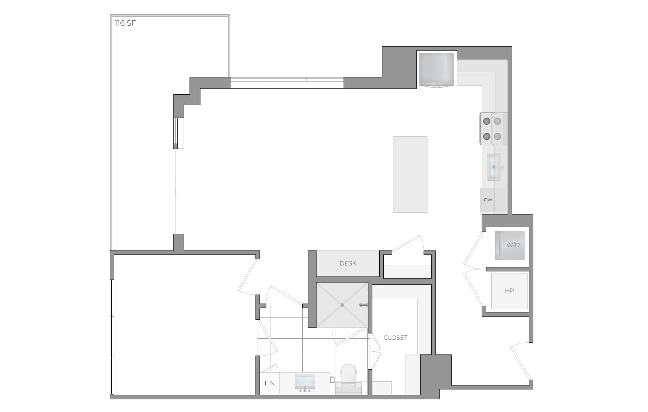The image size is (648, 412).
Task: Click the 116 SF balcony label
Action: [125, 23]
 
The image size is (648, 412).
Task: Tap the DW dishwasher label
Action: [488, 200]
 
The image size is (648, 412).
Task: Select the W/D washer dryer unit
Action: [510, 246]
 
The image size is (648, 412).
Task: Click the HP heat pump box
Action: [509, 291]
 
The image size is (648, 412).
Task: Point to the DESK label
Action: [348, 263]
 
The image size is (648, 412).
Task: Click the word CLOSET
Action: [395, 338]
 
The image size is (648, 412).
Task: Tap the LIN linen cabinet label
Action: [269, 383]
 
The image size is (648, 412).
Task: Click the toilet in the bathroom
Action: [348, 377]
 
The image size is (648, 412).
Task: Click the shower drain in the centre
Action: [342, 305]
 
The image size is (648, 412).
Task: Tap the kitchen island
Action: [410, 175]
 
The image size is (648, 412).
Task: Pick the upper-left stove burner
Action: [487, 121]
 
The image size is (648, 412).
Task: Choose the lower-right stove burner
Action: [497, 136]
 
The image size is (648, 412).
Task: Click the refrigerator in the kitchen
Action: [436, 69]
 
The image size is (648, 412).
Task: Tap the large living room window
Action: [287, 83]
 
